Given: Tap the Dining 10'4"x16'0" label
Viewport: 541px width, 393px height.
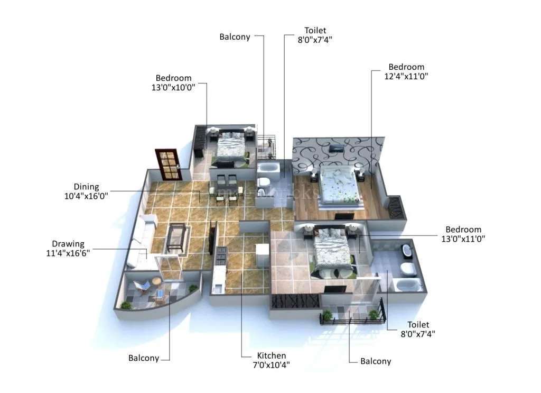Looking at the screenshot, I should click(x=86, y=191).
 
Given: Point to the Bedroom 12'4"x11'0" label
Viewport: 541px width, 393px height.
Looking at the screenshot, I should click(x=406, y=71).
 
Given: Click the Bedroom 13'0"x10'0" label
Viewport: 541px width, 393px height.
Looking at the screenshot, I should click(x=173, y=83).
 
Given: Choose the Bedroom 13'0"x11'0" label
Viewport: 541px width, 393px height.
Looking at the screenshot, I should click(x=464, y=234).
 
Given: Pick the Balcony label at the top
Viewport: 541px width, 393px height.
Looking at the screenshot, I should click(x=235, y=36).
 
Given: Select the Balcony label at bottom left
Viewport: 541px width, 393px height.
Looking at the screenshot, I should click(x=144, y=358).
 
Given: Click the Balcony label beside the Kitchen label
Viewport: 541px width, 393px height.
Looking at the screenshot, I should click(x=376, y=361).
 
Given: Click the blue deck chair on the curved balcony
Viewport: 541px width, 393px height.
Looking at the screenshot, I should click(x=142, y=287).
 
